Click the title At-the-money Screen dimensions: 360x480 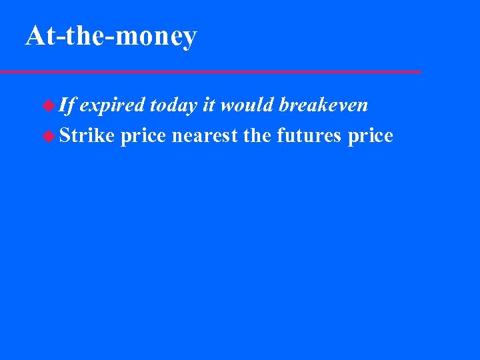coord(111,36)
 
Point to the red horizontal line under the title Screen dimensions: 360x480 coord(210,71)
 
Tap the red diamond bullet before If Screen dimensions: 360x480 coord(48,105)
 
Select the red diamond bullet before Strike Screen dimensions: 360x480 coord(48,136)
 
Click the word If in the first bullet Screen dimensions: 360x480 coord(67,105)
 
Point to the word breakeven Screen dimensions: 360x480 coord(324,105)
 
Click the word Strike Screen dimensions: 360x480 coord(87,136)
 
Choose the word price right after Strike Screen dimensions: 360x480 coord(143,137)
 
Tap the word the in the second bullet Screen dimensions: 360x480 coord(258,136)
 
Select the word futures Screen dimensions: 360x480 coord(309,136)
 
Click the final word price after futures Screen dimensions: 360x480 coord(371,137)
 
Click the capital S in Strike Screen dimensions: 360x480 coord(65,136)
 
